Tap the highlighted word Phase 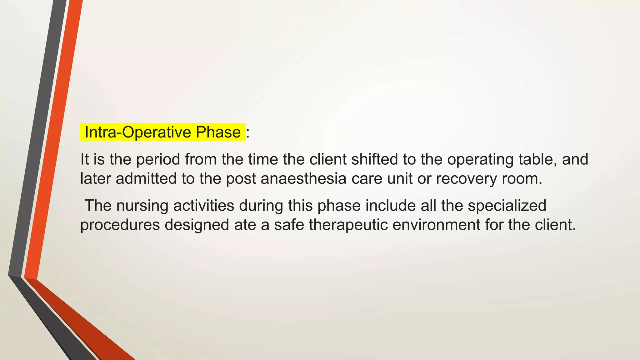[x=218, y=132]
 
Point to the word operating [x=480, y=160]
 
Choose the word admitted [x=146, y=178]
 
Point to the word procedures [x=120, y=225]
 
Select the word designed [x=197, y=225]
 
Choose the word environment [x=436, y=225]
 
